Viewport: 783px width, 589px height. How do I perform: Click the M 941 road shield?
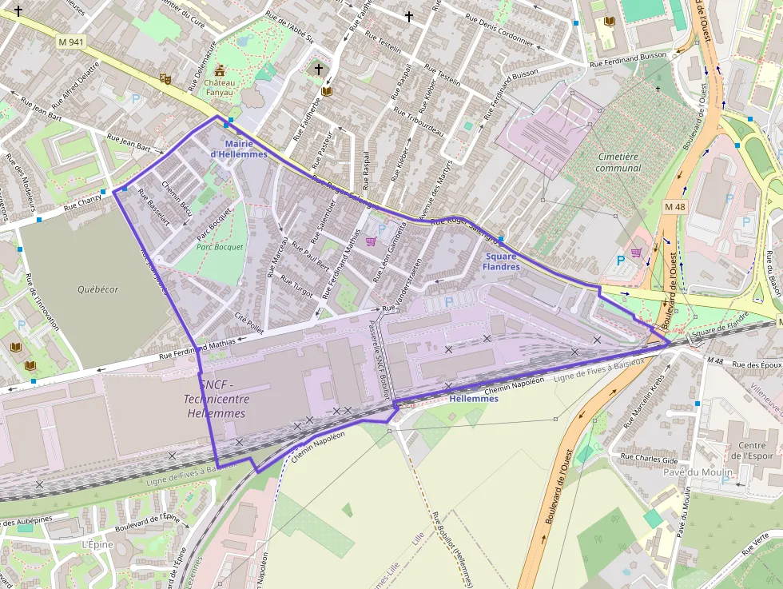coord(71,42)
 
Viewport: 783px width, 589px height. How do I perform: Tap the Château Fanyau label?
coord(220,87)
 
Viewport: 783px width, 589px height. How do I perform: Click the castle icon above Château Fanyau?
coord(220,70)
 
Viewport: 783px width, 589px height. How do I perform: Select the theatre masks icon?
coord(165,78)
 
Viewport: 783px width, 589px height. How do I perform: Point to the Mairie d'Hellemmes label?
coord(239,149)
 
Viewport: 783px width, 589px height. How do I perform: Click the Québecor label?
coord(98,289)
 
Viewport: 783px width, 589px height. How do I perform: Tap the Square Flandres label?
coord(501,261)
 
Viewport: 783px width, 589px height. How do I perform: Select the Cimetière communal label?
coord(618,162)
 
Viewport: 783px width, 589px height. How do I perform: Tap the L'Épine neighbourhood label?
coord(97,544)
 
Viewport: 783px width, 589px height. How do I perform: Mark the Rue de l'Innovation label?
coord(43,302)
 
